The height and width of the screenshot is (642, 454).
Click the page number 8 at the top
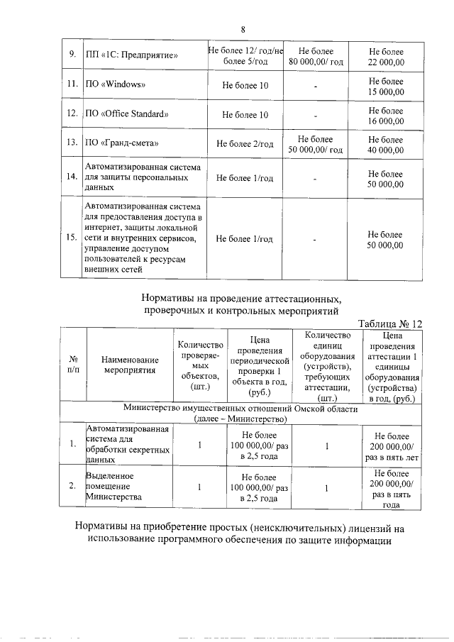click(x=243, y=29)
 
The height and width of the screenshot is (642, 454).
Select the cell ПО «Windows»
click(x=116, y=86)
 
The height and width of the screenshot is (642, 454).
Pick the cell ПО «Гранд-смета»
click(x=121, y=144)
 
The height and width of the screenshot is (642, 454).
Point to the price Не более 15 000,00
click(x=386, y=86)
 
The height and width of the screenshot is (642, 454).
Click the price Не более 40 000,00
click(x=386, y=144)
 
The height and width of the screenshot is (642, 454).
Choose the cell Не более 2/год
click(x=245, y=144)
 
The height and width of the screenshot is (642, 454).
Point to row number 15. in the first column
click(x=72, y=238)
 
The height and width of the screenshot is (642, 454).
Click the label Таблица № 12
click(x=389, y=323)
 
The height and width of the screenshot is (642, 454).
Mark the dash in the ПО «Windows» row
click(x=316, y=87)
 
